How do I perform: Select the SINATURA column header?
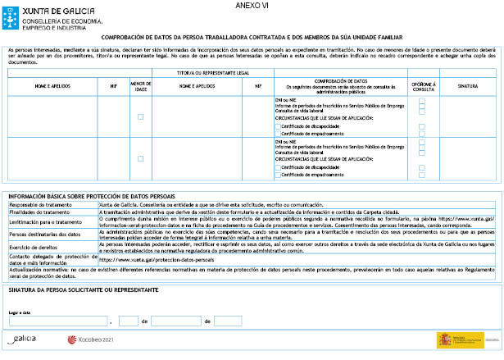coord(467,84)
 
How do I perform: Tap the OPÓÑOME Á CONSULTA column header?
coord(422,84)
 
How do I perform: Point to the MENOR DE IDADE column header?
coord(140,84)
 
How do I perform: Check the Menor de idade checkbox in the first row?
coord(140,117)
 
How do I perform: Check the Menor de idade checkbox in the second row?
coord(140,158)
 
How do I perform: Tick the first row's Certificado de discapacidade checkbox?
coord(278,126)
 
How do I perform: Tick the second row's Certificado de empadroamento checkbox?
coord(278,174)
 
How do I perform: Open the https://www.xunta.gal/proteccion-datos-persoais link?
coord(155,258)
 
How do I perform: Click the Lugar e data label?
coord(18,312)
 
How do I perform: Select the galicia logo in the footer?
coord(25,339)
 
